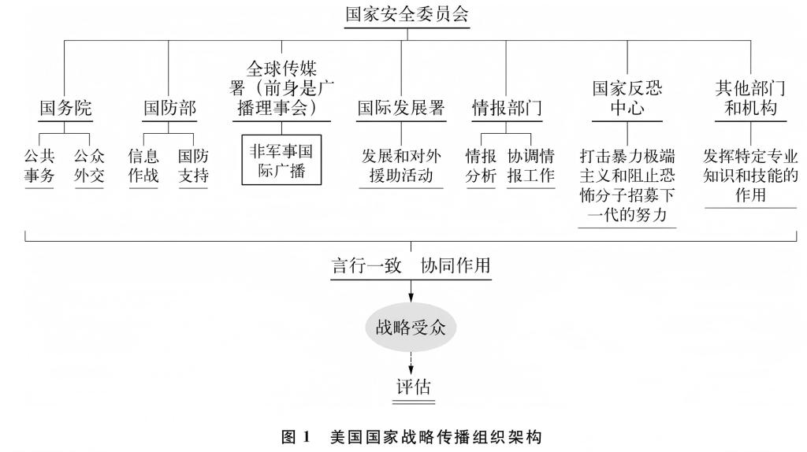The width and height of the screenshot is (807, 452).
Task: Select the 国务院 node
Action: tap(65, 109)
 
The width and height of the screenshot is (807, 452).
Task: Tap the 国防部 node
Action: tap(169, 109)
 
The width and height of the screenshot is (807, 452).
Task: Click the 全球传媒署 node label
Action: tap(281, 88)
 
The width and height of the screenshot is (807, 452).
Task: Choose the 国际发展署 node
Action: tap(401, 109)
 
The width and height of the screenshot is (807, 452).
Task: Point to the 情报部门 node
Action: tap(507, 109)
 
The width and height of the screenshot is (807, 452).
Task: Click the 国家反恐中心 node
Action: tap(627, 98)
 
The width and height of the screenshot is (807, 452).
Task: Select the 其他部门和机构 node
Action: tap(750, 98)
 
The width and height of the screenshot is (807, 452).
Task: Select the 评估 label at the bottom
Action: tap(414, 387)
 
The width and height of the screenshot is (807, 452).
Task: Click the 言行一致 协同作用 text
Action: tap(410, 265)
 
